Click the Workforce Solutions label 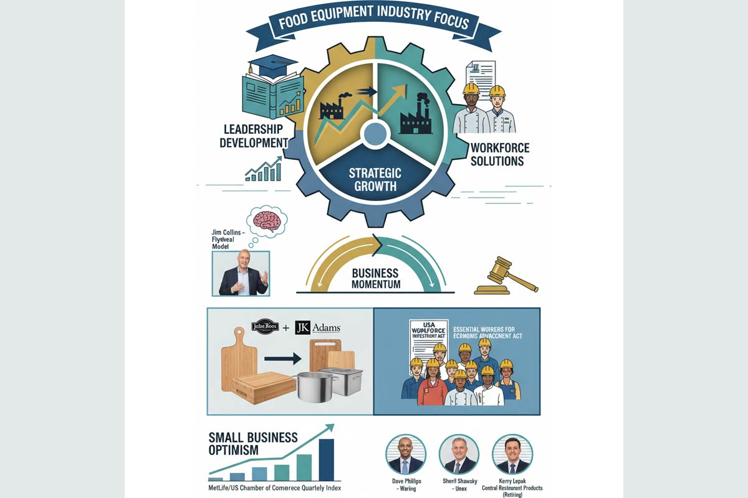[500, 154]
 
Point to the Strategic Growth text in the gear [375, 179]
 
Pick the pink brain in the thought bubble [267, 221]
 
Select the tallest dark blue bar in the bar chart [326, 459]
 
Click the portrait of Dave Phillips [406, 455]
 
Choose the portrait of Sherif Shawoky [459, 455]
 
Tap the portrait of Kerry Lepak [512, 455]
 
